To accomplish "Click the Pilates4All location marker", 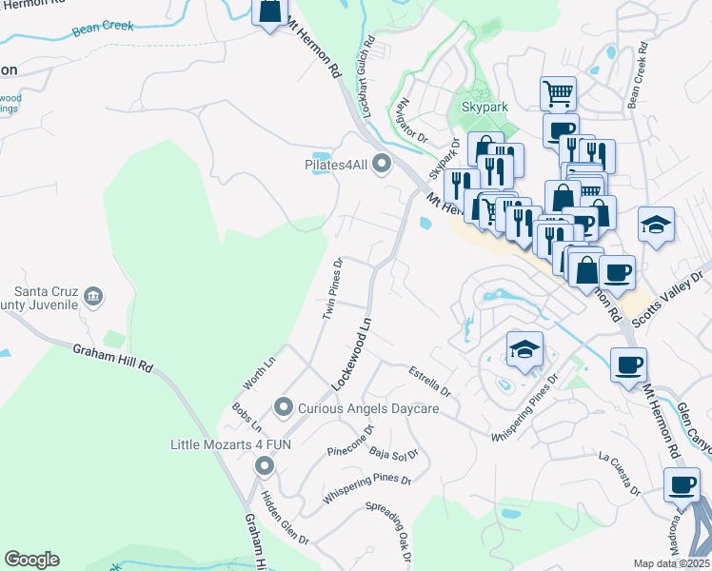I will coord(382,165).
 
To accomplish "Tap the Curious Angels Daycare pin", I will coord(283,408).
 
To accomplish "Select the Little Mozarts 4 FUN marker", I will coord(264,465).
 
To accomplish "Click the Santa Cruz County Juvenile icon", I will coord(93,296).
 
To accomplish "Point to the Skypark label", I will coord(485,108).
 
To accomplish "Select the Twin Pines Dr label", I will coord(332,287).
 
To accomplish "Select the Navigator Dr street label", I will coord(407,119).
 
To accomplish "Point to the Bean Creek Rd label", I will coord(637,72).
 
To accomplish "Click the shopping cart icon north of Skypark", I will coord(558,93).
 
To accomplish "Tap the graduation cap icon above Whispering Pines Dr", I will coord(524,348).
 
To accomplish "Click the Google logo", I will coord(31,560).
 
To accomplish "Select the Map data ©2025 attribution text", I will coord(671,563).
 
